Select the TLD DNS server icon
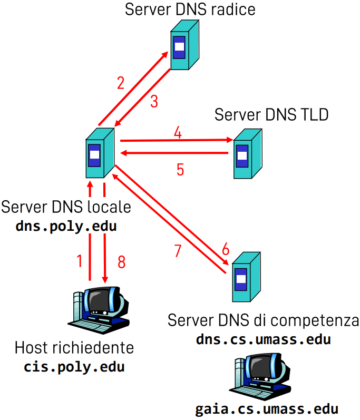(246, 153)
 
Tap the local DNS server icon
(98, 153)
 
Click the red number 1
(80, 261)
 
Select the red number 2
(121, 83)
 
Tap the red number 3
(153, 101)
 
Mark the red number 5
(180, 170)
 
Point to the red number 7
(178, 251)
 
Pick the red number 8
(121, 262)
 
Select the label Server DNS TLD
(271, 114)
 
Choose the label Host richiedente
(74, 348)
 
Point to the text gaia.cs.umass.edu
(266, 409)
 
